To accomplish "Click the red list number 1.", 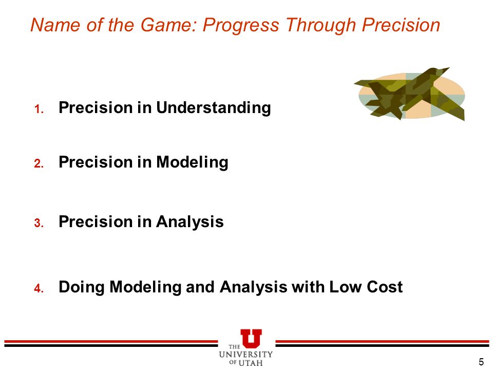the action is [x=39, y=109].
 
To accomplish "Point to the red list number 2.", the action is [x=39, y=163].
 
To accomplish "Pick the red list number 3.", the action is [x=39, y=223].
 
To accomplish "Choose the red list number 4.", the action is [x=39, y=288].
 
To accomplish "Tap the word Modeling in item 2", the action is [x=192, y=163].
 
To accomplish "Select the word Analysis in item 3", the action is [x=190, y=221].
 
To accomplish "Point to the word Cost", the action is [x=385, y=287].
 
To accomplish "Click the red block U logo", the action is [x=251, y=338].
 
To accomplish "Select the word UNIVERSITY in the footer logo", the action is [x=246, y=355].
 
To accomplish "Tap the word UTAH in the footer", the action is [x=251, y=363].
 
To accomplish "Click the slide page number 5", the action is [x=481, y=362].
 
